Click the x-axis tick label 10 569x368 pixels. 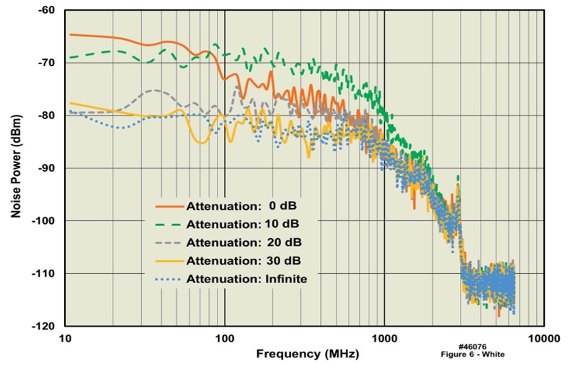(66, 339)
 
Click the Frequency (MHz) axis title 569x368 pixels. (307, 354)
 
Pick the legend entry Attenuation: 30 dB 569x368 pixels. (238, 260)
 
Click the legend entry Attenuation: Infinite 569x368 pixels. (246, 279)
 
